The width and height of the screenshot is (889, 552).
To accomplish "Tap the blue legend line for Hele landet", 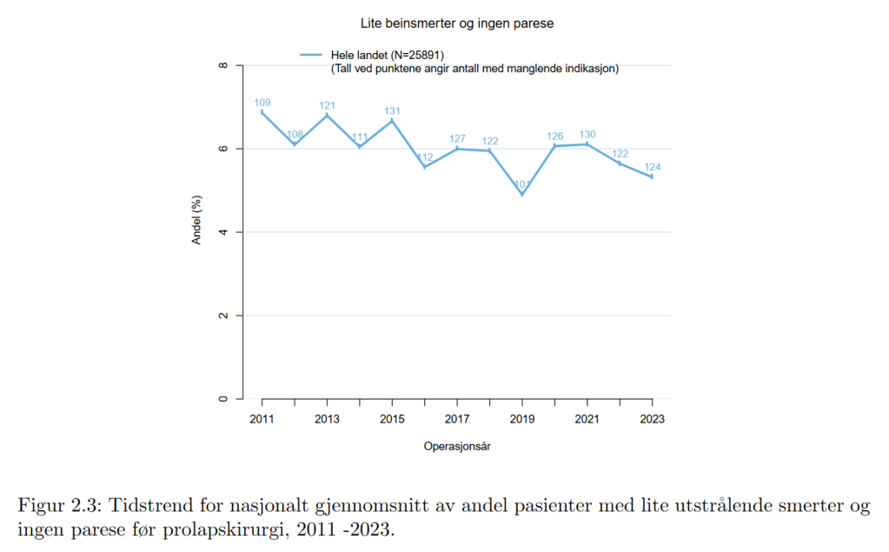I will point(313,55).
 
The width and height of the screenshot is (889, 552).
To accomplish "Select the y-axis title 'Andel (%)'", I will point(196,222).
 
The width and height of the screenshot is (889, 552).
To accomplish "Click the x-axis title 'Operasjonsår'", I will point(457,447).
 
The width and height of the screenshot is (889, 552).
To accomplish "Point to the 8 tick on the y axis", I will point(223,66).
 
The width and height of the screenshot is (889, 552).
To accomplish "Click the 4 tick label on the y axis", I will point(223,232).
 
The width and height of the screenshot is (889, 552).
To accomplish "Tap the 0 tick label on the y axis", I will point(223,399).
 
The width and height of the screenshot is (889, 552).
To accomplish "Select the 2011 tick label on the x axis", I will point(262,419).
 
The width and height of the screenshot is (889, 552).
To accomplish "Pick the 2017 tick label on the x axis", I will point(457,419).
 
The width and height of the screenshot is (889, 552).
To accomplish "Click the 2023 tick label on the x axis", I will point(653,419).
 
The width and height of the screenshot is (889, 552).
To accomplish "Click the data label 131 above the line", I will point(393,111).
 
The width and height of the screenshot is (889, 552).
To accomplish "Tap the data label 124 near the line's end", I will point(653,167).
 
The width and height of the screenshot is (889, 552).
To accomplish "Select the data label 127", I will point(457,139).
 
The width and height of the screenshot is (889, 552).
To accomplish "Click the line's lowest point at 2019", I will point(522,195).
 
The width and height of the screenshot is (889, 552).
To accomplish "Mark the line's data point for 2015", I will point(393,120).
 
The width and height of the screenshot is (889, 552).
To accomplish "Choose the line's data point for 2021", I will point(587,144).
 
